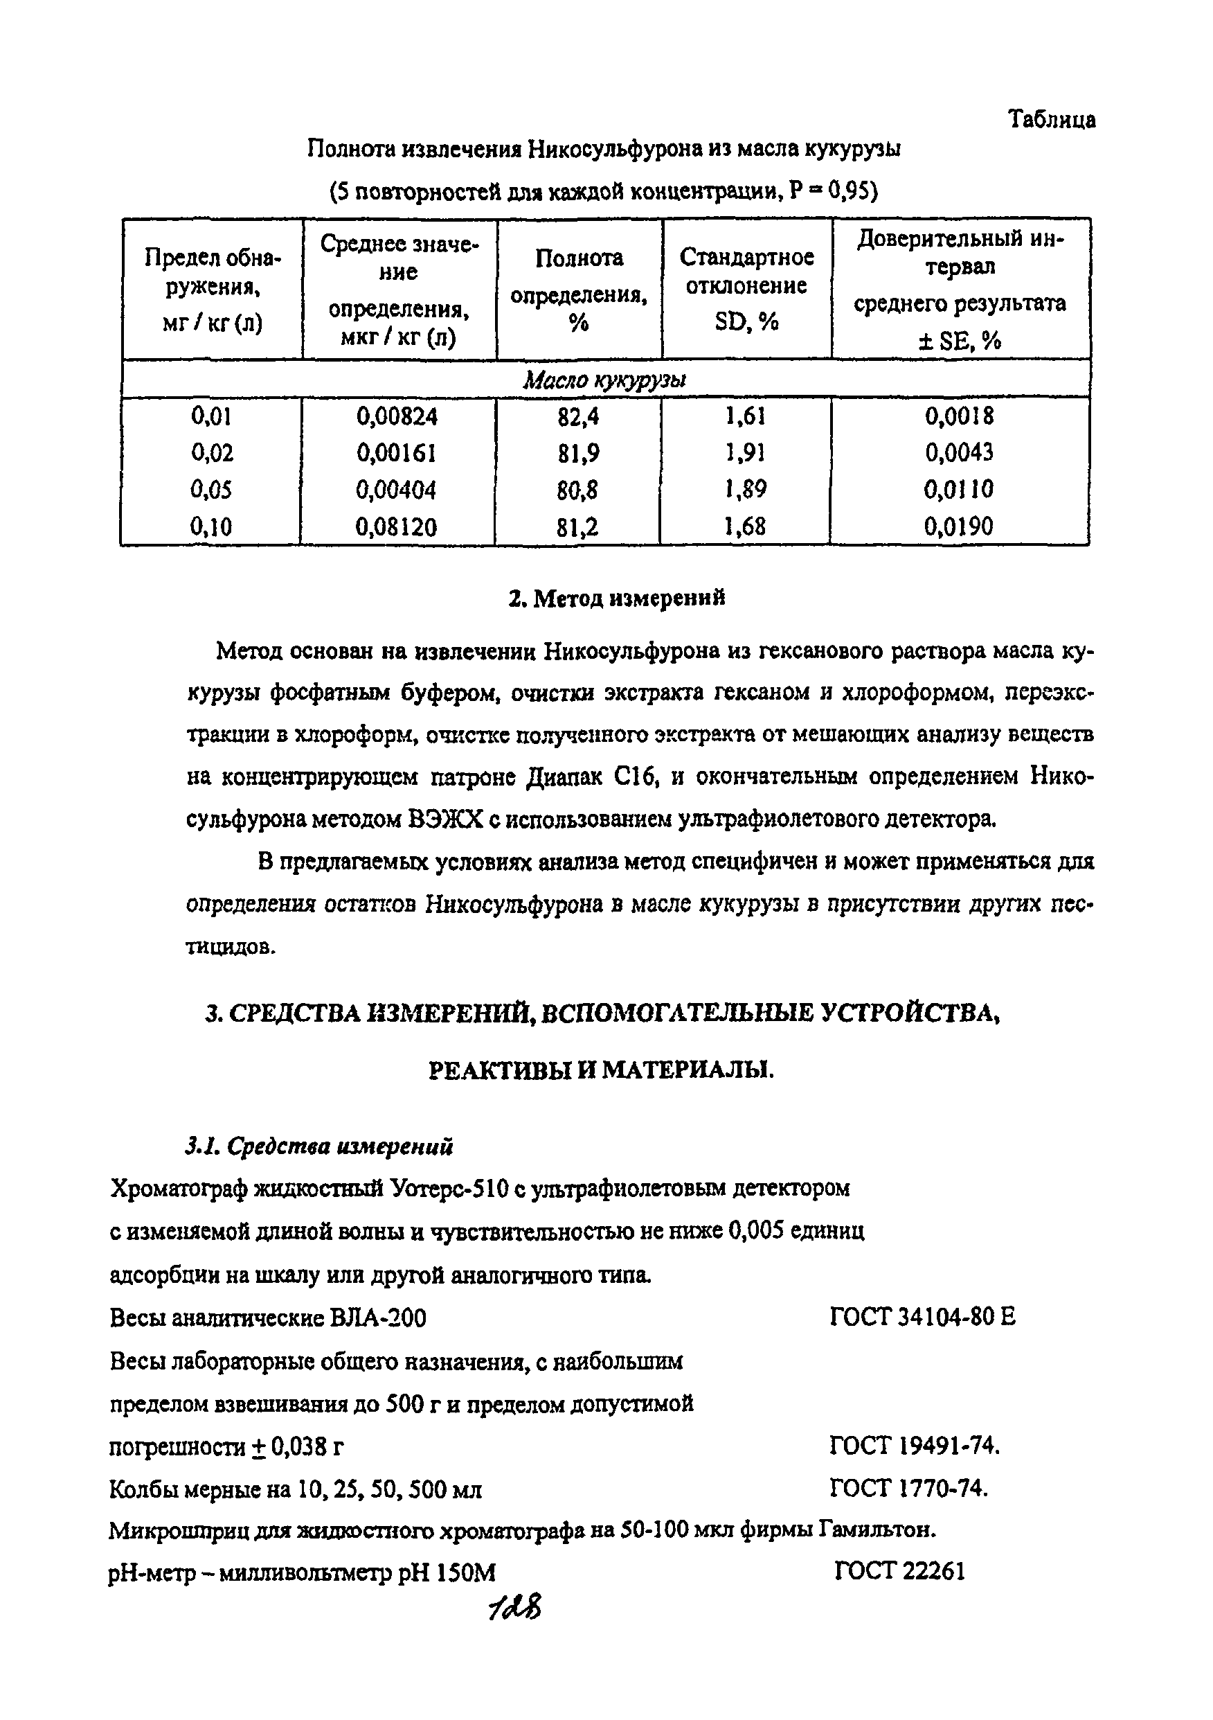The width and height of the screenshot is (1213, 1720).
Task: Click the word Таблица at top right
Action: pyautogui.click(x=1051, y=119)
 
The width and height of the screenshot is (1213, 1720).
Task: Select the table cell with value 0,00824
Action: pyautogui.click(x=397, y=416)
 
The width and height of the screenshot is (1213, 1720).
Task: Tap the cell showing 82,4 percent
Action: pyautogui.click(x=577, y=416)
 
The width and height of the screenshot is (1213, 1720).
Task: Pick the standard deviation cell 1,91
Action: pyautogui.click(x=744, y=452)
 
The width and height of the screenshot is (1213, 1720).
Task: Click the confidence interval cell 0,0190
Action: pyautogui.click(x=958, y=526)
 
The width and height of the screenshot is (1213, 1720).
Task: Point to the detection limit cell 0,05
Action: pyautogui.click(x=211, y=490)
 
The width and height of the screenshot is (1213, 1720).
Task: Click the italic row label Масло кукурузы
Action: pyautogui.click(x=604, y=380)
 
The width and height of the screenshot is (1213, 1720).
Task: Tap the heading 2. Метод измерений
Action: pyautogui.click(x=616, y=598)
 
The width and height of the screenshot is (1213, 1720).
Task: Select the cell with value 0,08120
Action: pyautogui.click(x=396, y=527)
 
